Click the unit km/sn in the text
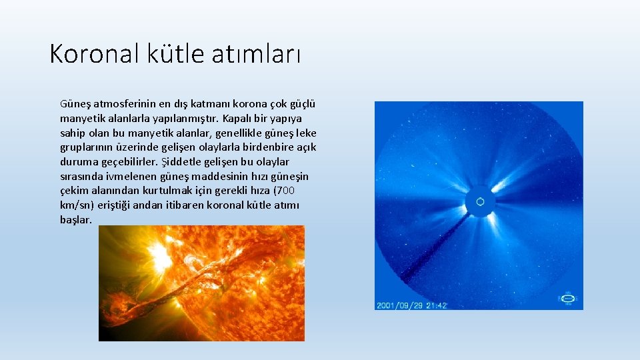coord(77,205)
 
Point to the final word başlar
coord(76,219)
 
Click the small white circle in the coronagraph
coord(479,202)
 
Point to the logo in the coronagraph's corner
coord(567,298)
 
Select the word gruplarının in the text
coord(87,147)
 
